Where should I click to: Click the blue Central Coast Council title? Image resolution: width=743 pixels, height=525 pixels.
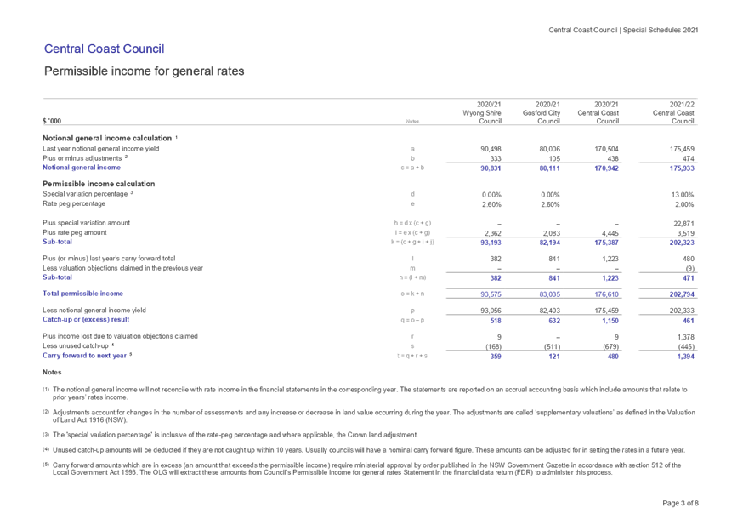(104, 49)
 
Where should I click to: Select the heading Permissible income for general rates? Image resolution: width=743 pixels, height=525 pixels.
(144, 71)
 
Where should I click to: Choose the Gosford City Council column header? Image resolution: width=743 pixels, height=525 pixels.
(545, 112)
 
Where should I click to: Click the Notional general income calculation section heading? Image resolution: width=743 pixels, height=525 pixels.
(110, 138)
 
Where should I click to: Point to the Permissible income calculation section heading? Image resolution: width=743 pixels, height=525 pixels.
(99, 184)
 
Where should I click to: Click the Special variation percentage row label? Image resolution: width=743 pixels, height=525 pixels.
(88, 195)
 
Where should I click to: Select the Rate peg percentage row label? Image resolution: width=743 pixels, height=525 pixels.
(74, 204)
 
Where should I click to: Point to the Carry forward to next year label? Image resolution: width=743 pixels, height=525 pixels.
(86, 357)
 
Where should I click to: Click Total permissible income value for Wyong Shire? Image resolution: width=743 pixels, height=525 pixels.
(491, 294)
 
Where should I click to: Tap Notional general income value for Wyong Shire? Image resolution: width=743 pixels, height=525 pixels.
(491, 168)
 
